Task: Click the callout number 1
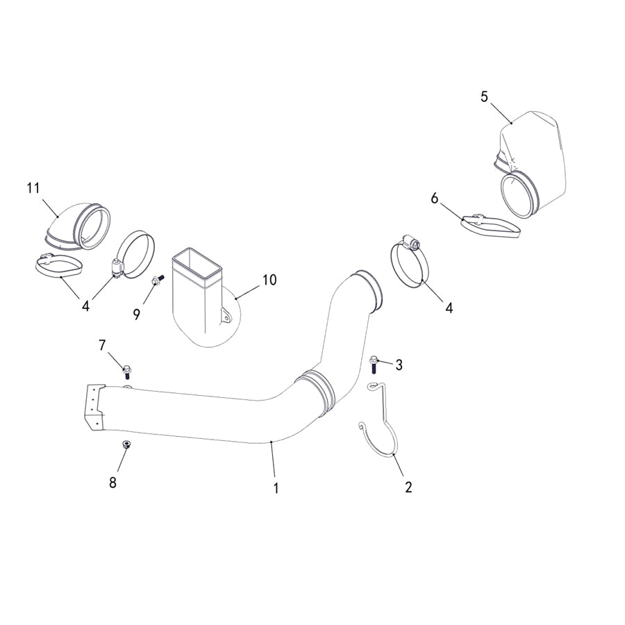point(276,488)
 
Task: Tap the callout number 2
point(408,487)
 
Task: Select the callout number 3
point(399,365)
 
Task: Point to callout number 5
point(484,97)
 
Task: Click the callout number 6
point(435,199)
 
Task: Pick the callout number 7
point(102,344)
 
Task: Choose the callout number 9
point(137,314)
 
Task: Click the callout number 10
point(269,280)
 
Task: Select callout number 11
point(33,187)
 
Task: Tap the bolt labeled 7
point(127,369)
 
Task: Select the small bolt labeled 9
point(156,280)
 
